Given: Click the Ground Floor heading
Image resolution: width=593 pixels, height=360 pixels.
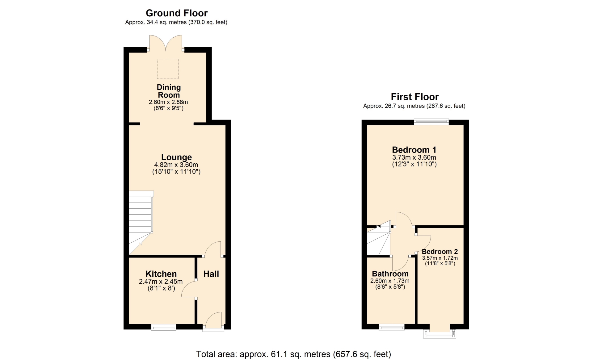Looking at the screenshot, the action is click(177, 13).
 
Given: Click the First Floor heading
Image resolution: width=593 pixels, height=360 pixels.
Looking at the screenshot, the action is click(415, 97).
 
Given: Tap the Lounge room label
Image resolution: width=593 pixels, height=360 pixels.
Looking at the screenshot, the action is click(177, 157).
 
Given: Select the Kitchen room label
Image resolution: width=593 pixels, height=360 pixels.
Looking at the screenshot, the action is click(161, 274).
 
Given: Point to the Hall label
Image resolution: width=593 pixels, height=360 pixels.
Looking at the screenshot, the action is click(211, 274).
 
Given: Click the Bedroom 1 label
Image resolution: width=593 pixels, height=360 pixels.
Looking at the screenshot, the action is click(414, 150).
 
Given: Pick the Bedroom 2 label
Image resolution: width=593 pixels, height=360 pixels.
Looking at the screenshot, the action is click(440, 252).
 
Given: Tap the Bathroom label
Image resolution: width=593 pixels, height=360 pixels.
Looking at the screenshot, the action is click(390, 274).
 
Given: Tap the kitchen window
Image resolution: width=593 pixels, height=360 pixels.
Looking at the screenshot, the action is click(164, 327).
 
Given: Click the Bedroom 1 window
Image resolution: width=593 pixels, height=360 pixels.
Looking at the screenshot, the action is click(431, 122).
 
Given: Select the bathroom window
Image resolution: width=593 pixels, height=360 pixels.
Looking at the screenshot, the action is click(392, 327).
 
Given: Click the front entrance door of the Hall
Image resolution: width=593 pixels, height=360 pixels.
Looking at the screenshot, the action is click(213, 321).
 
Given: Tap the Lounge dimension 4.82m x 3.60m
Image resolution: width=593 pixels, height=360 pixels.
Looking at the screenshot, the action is click(176, 165).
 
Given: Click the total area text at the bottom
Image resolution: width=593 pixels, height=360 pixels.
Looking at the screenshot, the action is click(294, 354).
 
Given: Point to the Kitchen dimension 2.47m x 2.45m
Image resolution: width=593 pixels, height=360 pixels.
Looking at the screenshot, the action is click(161, 282).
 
